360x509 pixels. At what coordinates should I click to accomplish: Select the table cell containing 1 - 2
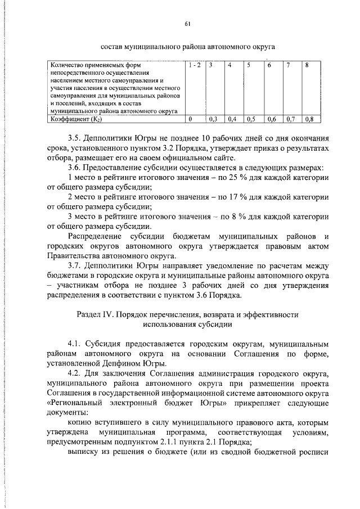click(x=195, y=66)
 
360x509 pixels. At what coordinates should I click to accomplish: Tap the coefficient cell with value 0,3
click(x=213, y=119)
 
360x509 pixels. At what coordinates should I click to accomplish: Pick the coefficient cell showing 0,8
click(x=309, y=119)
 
